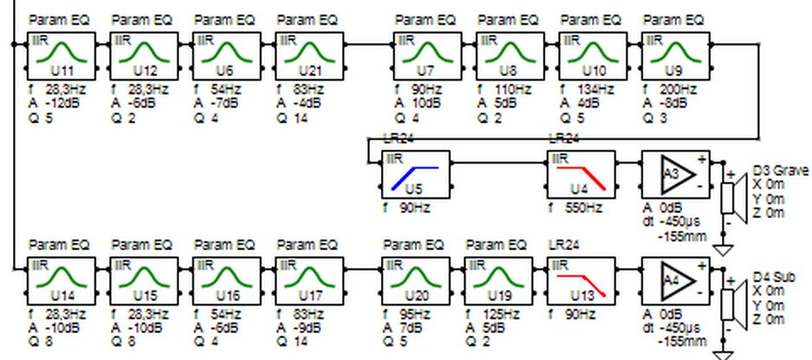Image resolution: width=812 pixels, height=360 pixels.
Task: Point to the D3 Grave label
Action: [780, 170]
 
